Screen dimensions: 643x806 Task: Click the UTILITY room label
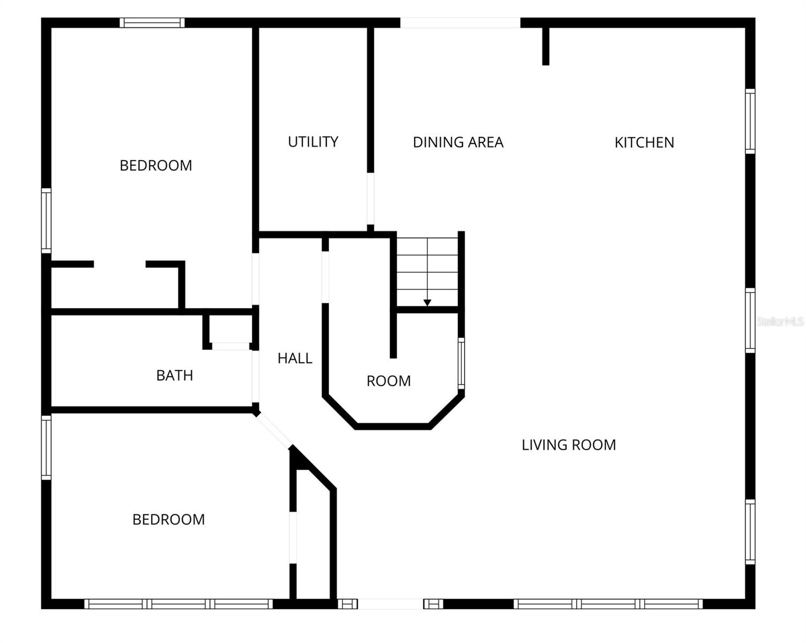point(313,142)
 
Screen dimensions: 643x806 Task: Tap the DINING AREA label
point(458,143)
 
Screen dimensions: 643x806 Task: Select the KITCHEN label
point(644,143)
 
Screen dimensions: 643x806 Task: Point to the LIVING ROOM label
point(569,445)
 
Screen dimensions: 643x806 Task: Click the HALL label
point(295,358)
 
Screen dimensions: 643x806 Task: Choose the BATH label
point(175,376)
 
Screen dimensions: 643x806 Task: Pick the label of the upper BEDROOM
point(156,166)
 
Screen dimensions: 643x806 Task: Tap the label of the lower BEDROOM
point(169,520)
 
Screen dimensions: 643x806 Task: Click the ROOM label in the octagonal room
point(389,381)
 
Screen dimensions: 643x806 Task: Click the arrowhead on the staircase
point(427,303)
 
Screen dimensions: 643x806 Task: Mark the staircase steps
point(427,271)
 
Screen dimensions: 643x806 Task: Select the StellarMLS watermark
point(780,322)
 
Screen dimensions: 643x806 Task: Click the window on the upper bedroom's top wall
point(152,23)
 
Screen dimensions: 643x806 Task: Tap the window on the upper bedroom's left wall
point(47,220)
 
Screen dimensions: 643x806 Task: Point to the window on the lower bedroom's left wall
point(47,447)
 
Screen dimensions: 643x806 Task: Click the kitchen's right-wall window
point(750,121)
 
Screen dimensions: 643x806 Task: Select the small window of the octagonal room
point(461,363)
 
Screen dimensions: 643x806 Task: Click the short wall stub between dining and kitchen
point(546,46)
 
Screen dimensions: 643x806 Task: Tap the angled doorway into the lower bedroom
point(273,430)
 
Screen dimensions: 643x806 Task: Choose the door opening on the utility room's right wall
point(370,199)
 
